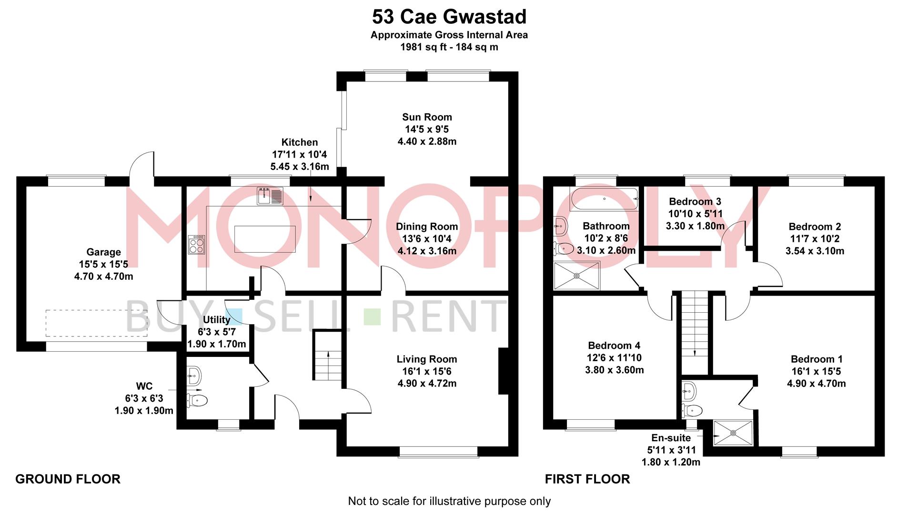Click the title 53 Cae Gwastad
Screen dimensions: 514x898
(449, 17)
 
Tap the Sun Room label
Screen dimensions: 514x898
(427, 117)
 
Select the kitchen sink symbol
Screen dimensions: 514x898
(270, 196)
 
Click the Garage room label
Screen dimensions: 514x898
(103, 252)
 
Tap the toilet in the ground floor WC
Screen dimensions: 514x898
(198, 400)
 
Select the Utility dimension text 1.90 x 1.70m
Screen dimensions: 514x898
(217, 344)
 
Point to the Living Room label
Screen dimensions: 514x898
(427, 359)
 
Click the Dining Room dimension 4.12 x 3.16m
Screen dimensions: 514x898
(427, 251)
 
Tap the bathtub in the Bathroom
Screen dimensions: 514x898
(604, 199)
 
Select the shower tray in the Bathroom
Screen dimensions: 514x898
(576, 275)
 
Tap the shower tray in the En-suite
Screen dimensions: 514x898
(733, 433)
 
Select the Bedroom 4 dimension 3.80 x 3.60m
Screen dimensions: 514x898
(614, 370)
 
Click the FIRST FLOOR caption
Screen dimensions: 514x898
(587, 479)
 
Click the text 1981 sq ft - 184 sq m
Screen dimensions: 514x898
(449, 47)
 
